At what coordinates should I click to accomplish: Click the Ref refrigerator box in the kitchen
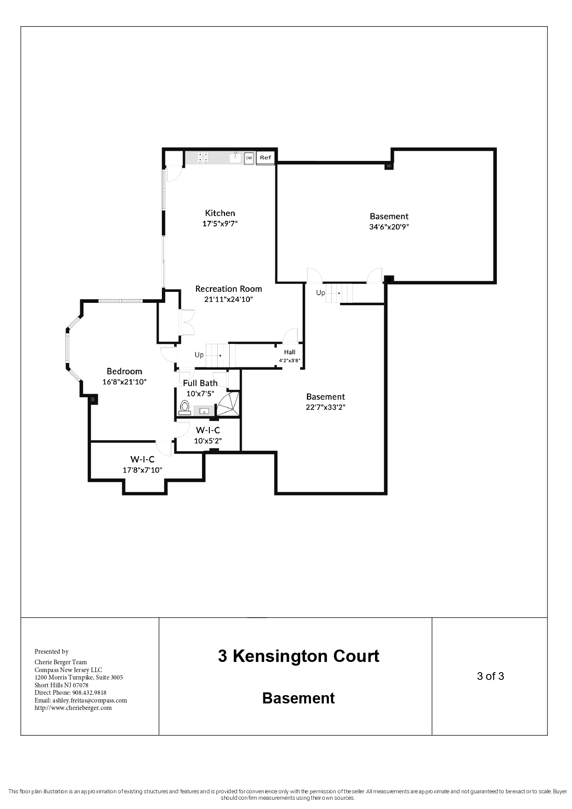265,158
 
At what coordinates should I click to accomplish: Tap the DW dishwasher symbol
249,158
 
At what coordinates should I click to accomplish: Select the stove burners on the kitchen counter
203,158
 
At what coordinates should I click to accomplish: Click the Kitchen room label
220,213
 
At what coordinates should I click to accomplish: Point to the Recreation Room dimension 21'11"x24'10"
229,299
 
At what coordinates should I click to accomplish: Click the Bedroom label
124,371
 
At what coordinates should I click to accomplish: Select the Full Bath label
200,383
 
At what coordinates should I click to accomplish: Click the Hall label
290,352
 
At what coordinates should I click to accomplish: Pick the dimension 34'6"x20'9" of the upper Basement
389,227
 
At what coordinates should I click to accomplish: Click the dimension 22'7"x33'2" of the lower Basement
326,407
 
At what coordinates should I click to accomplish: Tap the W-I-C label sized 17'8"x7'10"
142,460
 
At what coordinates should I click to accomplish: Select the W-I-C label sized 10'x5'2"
208,430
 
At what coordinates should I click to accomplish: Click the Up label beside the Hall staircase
199,355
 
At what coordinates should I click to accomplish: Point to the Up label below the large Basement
320,293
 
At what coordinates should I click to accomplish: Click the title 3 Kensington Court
298,656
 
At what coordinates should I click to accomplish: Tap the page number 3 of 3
490,676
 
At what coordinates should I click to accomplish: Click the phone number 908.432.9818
89,692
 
